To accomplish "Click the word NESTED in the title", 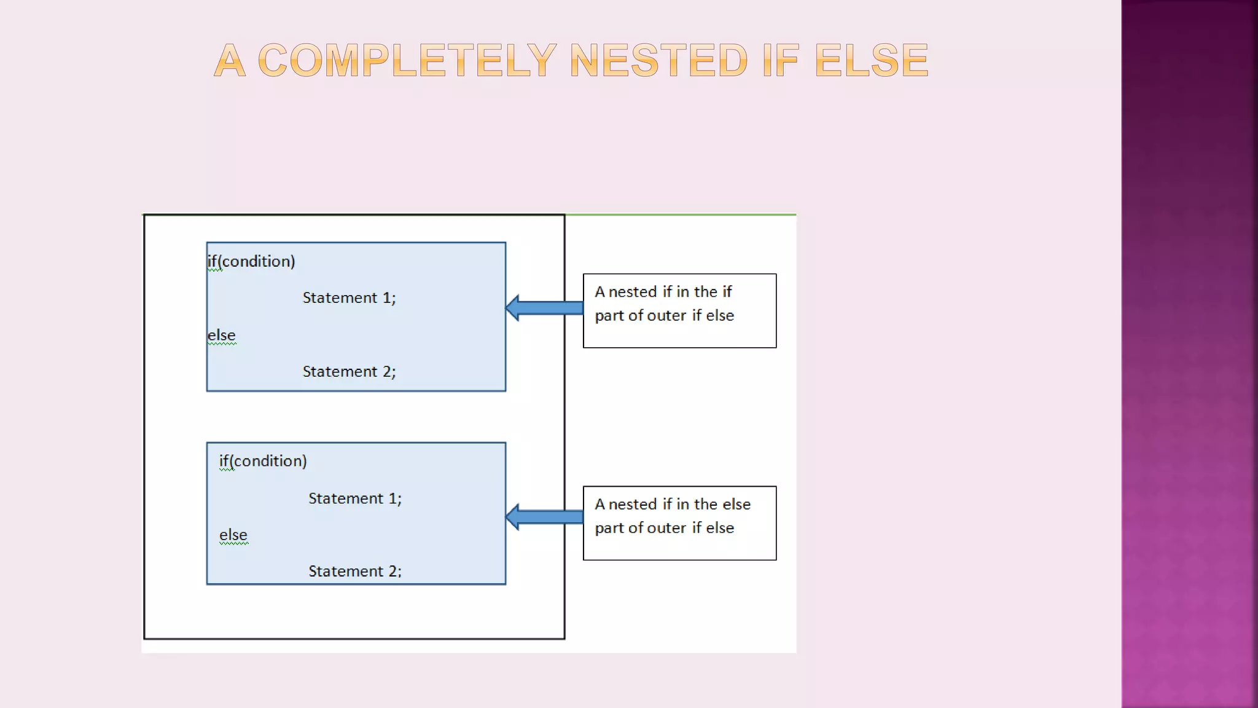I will [x=658, y=60].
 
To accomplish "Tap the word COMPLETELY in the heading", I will [x=407, y=60].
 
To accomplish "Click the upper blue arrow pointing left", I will [x=544, y=308].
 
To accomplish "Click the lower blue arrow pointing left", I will [x=544, y=517].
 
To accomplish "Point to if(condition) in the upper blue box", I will [x=251, y=261].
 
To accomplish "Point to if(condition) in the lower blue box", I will [x=263, y=461].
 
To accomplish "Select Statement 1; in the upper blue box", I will [x=349, y=298].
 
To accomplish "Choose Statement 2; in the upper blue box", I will [x=349, y=371].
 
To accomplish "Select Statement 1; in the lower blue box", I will [x=355, y=498].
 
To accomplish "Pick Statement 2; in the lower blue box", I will [x=355, y=571].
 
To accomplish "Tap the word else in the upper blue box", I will [x=221, y=336].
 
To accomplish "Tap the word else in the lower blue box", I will [x=233, y=535].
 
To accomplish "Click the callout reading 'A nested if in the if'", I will [x=679, y=310].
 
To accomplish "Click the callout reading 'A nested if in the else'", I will [x=679, y=523].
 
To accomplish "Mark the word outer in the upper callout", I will [x=666, y=316].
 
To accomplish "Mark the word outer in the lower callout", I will [x=666, y=528].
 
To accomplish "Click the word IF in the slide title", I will [x=780, y=60].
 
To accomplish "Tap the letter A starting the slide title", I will [x=230, y=60].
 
